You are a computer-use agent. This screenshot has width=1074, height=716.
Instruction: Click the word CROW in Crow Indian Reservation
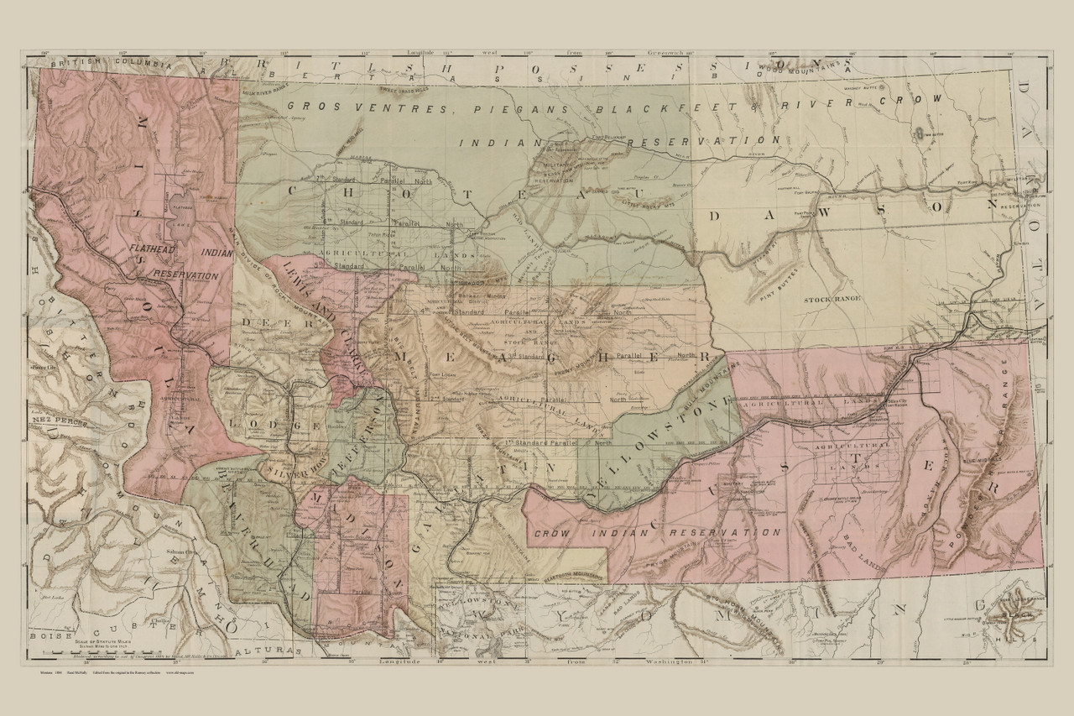553,533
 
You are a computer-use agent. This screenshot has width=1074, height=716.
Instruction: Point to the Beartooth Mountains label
571,577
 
